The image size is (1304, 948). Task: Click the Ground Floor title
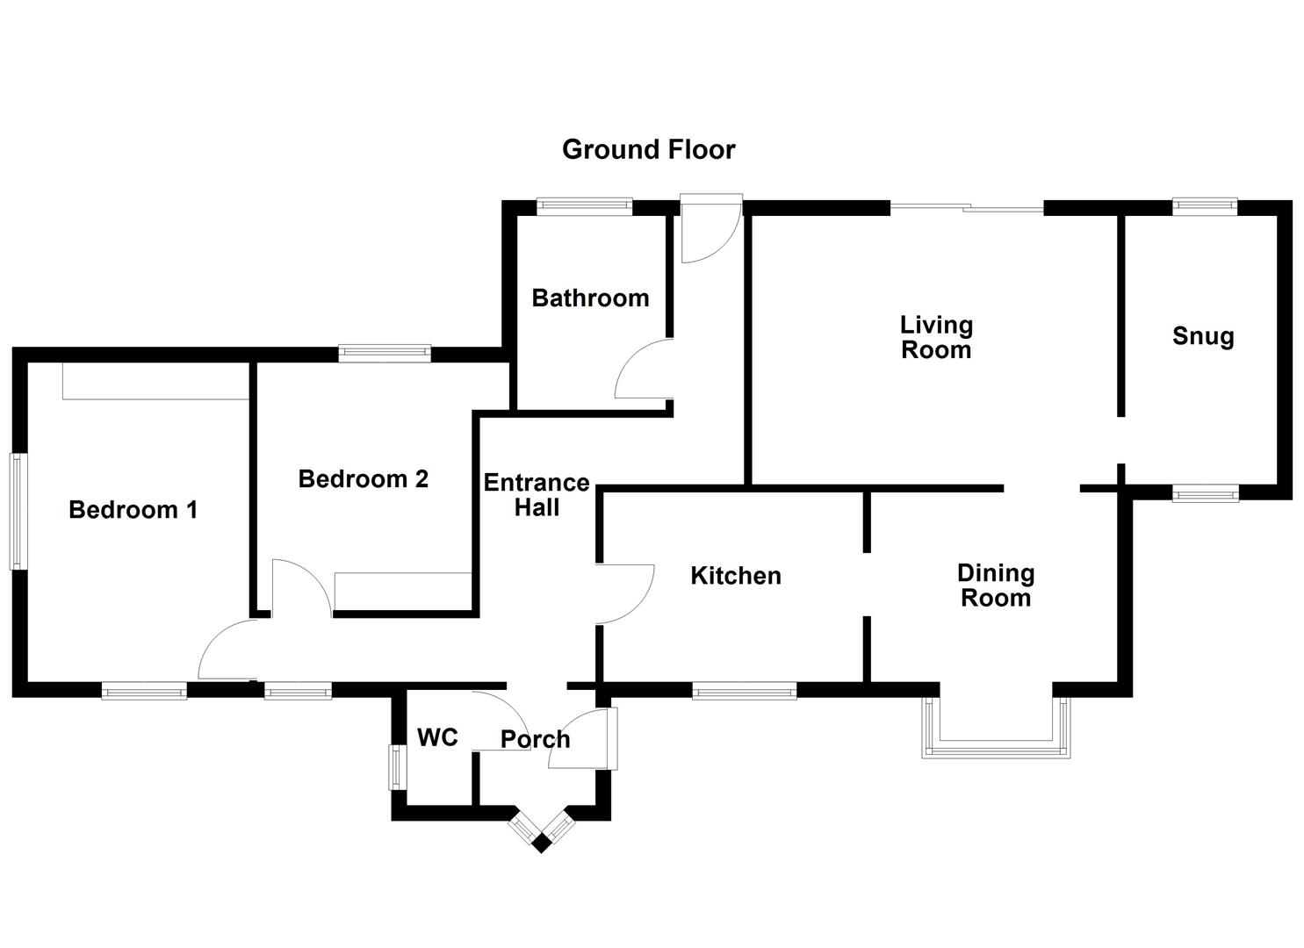(648, 149)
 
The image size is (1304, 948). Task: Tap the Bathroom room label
(590, 298)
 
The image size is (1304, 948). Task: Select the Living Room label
(936, 338)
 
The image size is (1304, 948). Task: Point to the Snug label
(1202, 336)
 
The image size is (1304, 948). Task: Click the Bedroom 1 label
(133, 510)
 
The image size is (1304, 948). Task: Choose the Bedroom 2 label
(363, 479)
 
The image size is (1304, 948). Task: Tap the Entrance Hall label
(536, 495)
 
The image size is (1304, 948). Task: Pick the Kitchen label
(735, 576)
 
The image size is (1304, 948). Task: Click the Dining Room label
(995, 585)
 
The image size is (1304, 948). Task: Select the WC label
(437, 737)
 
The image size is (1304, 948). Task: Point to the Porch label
(535, 739)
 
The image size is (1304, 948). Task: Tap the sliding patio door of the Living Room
(967, 208)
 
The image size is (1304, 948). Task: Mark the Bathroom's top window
(584, 207)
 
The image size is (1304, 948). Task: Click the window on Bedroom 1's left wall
(18, 511)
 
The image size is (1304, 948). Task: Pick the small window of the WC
(399, 767)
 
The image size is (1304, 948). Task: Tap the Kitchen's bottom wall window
(744, 692)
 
